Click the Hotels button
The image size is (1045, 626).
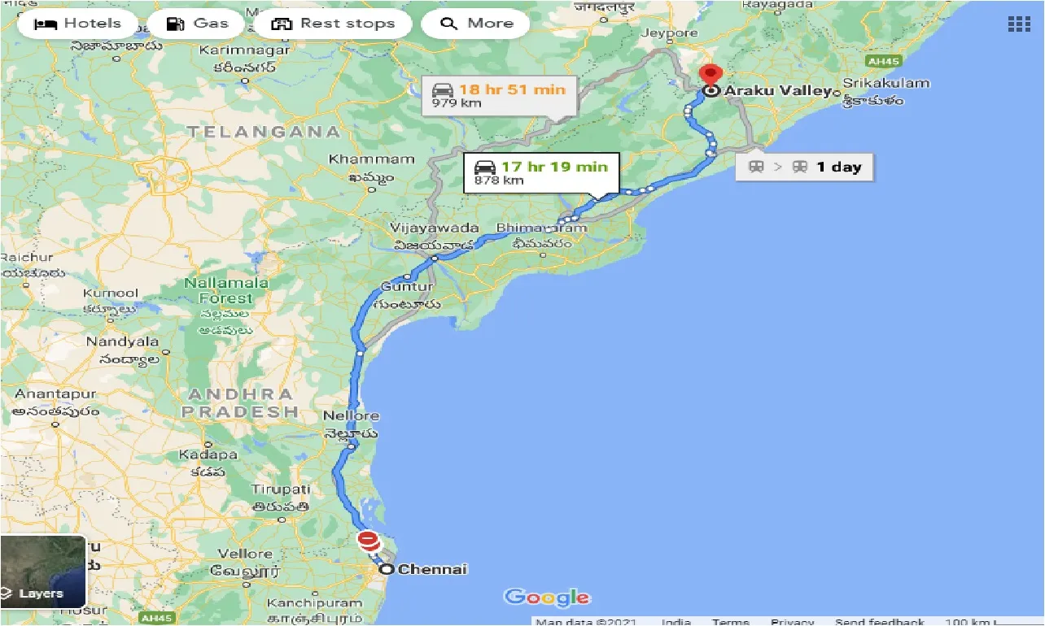pos(77,24)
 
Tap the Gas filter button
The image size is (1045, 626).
pos(197,24)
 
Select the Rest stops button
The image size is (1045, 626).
pos(333,24)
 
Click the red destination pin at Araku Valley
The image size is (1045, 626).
pos(711,76)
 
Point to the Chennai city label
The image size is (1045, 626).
pos(432,569)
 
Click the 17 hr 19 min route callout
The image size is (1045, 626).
pos(540,172)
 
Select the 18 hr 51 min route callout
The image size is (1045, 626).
pos(498,95)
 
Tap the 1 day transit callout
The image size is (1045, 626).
pos(804,167)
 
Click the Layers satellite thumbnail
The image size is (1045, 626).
pos(43,572)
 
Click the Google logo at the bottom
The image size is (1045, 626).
pos(546,598)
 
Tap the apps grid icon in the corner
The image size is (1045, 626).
pos(1019,24)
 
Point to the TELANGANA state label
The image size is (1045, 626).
pos(264,131)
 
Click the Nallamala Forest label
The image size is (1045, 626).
pos(226,291)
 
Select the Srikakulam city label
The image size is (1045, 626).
pos(885,83)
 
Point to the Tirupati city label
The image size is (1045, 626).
pos(281,489)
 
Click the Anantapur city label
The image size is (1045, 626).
pos(55,394)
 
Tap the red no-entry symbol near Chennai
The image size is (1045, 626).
pos(369,541)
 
